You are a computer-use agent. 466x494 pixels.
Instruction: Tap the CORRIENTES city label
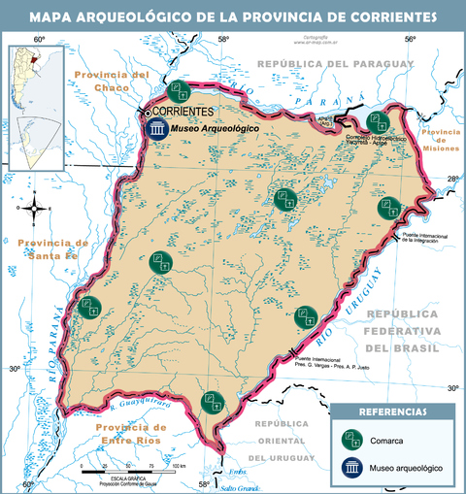coord(183,112)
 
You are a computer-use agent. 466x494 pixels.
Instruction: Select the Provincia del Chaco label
coord(115,81)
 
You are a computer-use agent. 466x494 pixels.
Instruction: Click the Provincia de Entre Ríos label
coord(123,434)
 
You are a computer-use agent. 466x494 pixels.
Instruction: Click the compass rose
coord(35,207)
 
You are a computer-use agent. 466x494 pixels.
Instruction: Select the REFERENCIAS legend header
coord(391,412)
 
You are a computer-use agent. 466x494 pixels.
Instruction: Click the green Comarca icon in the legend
coord(350,438)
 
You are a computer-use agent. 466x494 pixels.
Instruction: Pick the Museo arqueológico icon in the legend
coord(350,467)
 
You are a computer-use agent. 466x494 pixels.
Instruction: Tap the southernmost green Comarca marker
coord(212,401)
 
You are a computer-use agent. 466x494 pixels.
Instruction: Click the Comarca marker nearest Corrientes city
coord(177,92)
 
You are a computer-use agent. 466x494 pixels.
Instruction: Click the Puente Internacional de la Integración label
coord(427,239)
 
